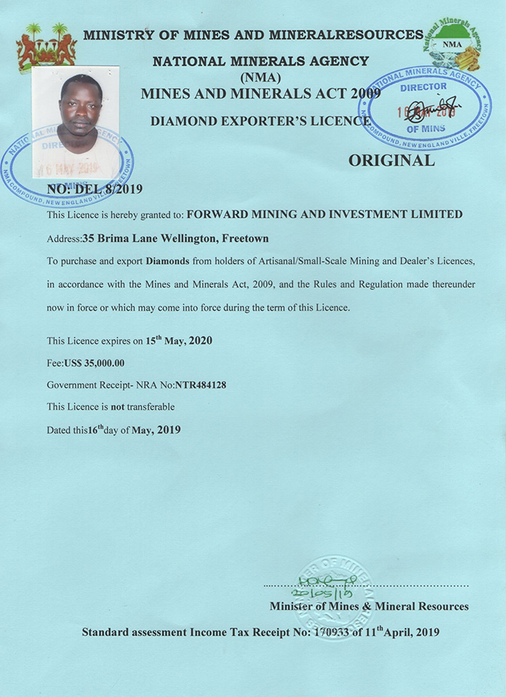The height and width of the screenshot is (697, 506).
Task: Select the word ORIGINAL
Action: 392,161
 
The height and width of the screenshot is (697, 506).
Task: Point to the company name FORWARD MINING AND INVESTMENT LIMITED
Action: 325,214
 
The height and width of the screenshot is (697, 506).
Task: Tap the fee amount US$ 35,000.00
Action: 95,363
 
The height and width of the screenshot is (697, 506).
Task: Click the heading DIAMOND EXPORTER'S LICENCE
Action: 260,121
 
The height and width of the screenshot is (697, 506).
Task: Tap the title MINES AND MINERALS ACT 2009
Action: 259,94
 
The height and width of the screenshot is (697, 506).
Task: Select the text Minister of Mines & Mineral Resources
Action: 369,606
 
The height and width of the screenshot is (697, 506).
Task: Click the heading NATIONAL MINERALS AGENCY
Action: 260,61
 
